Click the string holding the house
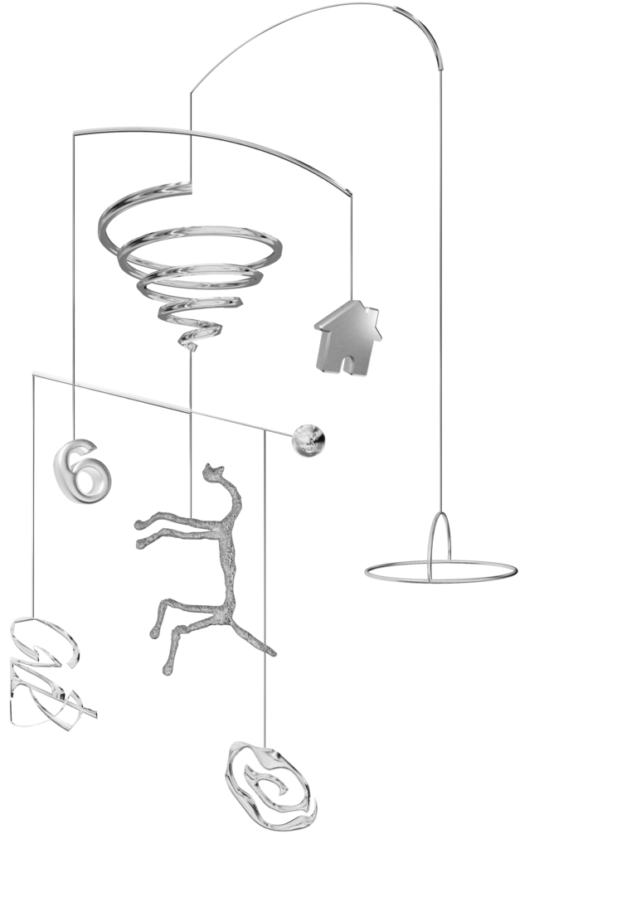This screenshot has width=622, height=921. (356, 249)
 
